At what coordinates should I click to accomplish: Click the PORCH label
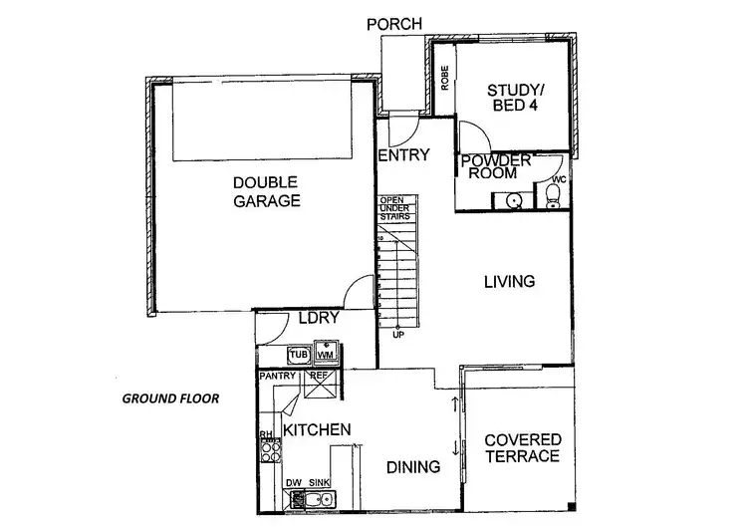click(394, 23)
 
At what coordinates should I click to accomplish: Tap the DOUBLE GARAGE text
click(267, 191)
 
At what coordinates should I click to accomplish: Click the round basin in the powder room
click(514, 200)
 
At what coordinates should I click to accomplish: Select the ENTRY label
click(403, 155)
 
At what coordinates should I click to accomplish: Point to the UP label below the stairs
click(398, 334)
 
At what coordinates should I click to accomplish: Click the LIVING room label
click(510, 282)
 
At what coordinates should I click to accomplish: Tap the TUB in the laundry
click(297, 354)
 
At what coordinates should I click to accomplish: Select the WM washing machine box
click(326, 354)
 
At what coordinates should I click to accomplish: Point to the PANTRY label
click(276, 378)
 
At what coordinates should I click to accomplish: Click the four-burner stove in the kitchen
click(267, 452)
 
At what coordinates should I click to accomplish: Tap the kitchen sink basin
click(321, 499)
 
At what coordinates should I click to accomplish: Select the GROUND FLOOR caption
click(170, 398)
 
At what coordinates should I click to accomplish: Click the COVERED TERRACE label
click(523, 448)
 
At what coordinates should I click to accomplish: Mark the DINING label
click(413, 466)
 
